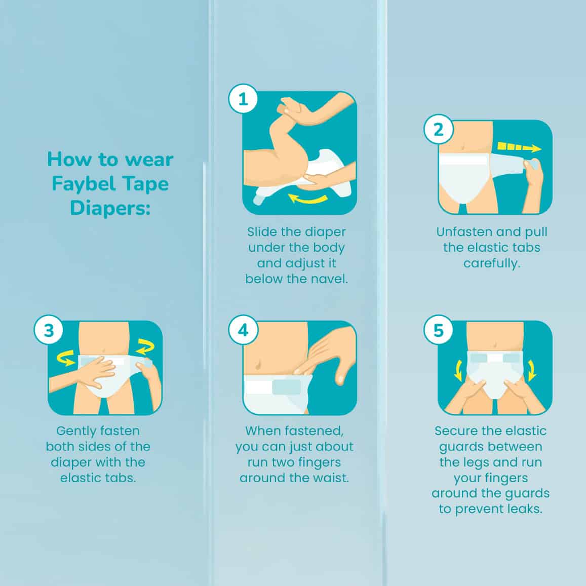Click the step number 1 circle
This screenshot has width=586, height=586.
pyautogui.click(x=243, y=99)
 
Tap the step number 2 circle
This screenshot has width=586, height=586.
pyautogui.click(x=439, y=129)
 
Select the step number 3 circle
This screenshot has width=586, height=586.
pyautogui.click(x=49, y=330)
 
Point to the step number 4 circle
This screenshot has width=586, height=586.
pyautogui.click(x=243, y=330)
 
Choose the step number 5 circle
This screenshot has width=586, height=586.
pyautogui.click(x=439, y=330)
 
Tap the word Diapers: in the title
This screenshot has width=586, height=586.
pyautogui.click(x=110, y=208)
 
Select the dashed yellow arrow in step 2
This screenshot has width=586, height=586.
pyautogui.click(x=519, y=147)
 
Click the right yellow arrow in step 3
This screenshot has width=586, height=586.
pyautogui.click(x=145, y=346)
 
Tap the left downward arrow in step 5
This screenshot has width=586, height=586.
pyautogui.click(x=459, y=370)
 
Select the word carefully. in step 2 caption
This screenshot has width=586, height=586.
pyautogui.click(x=491, y=264)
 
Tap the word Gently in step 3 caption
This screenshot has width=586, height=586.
pyautogui.click(x=75, y=432)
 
